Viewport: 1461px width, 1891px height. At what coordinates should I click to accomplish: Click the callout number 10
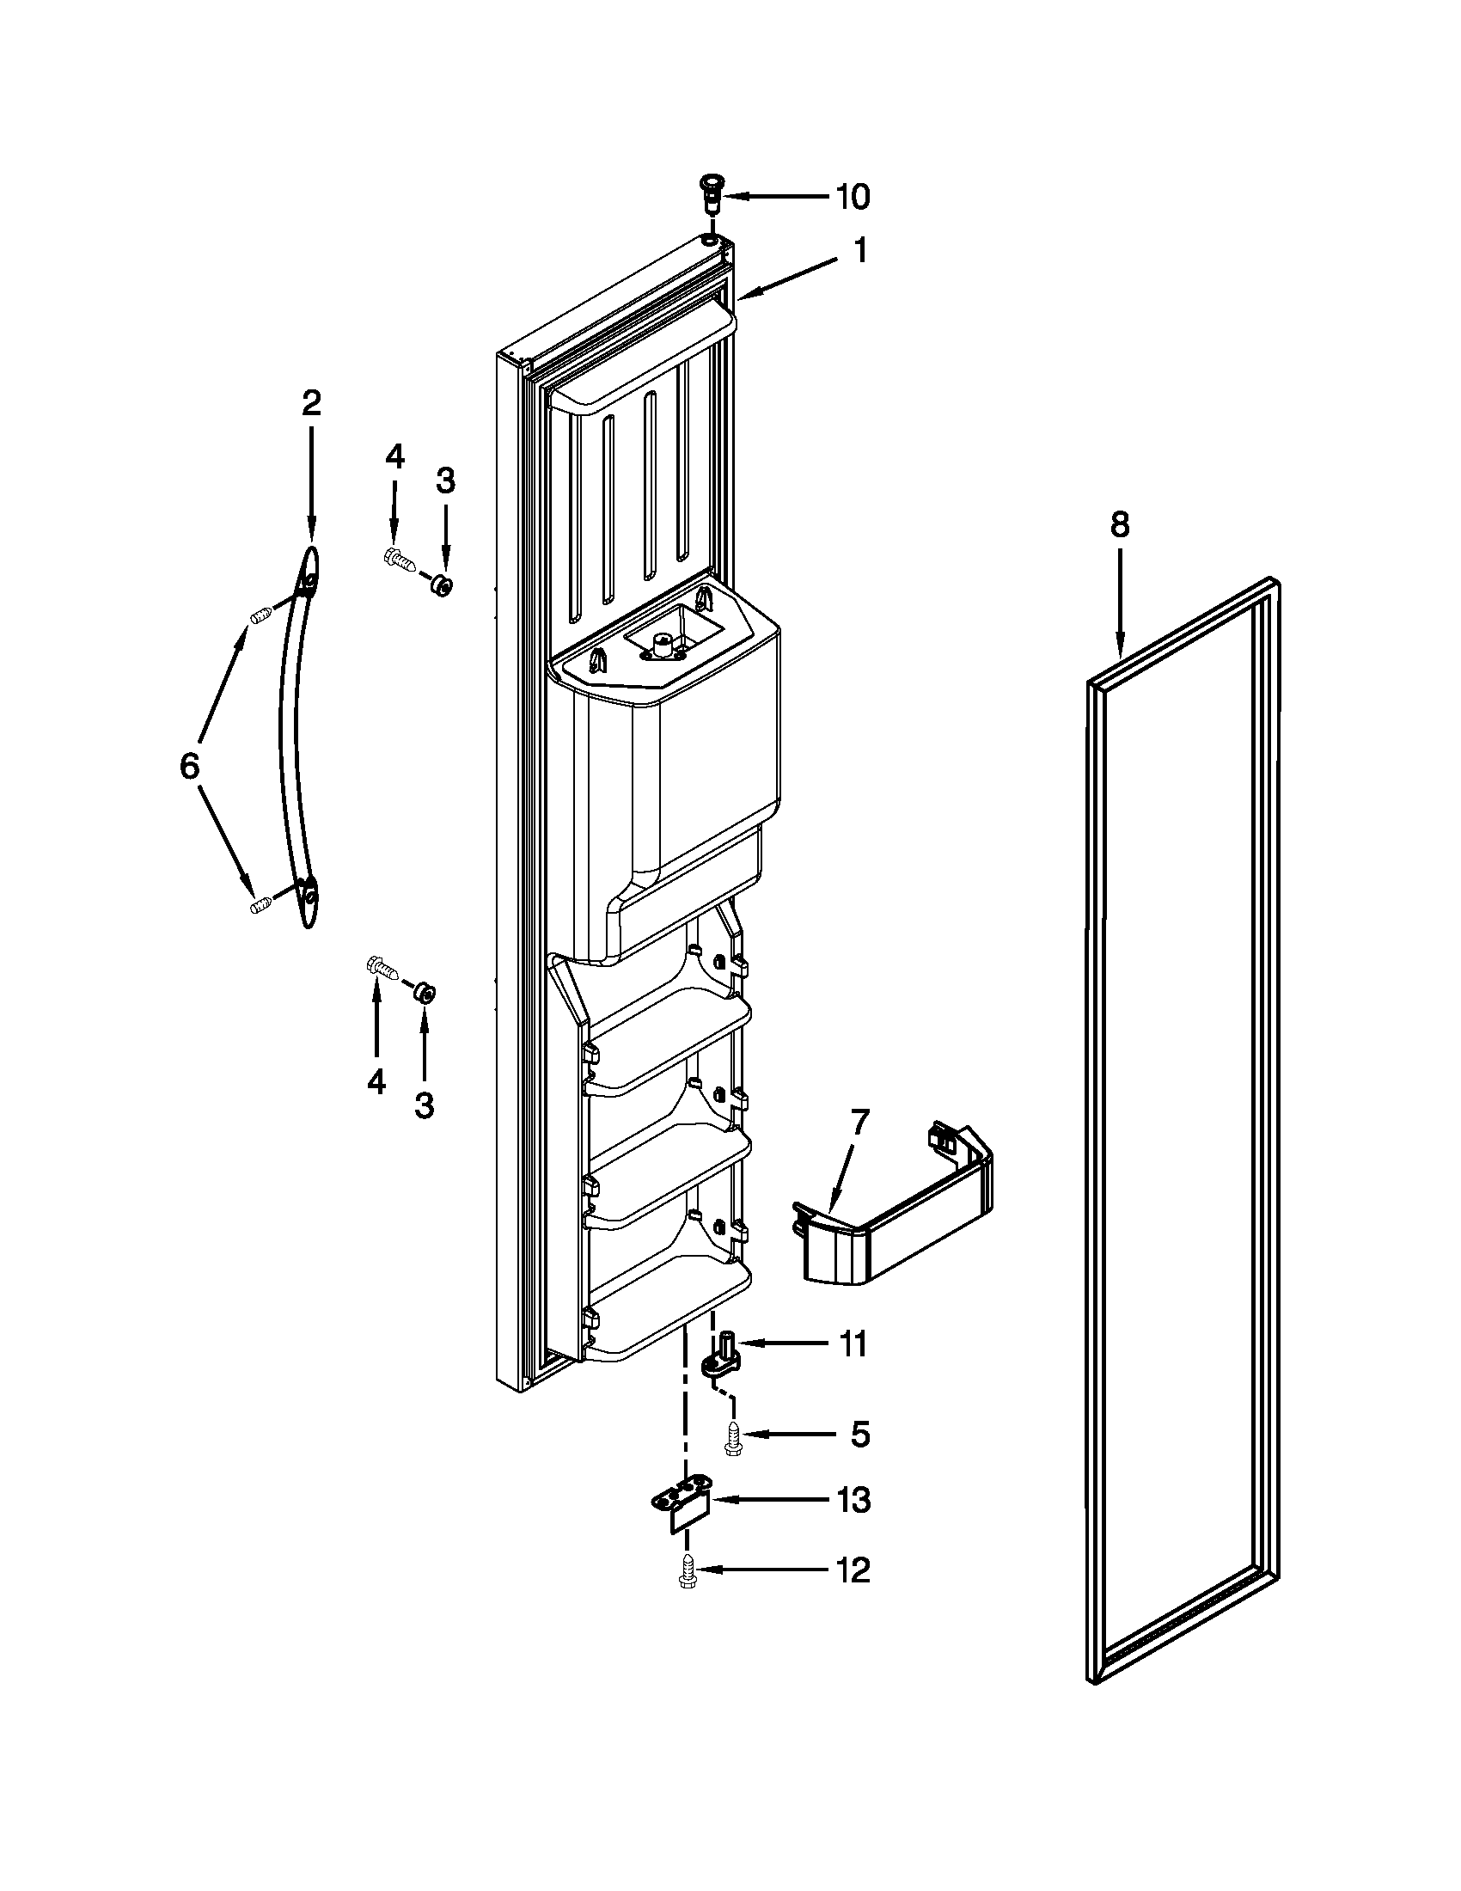(x=852, y=197)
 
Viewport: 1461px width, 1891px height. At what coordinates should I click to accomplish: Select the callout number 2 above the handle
(x=311, y=402)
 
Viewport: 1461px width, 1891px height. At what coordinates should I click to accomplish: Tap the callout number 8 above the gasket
(x=1119, y=524)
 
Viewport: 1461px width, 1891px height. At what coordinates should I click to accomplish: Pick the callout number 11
(x=853, y=1344)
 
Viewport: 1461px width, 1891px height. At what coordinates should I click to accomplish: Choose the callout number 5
(x=859, y=1434)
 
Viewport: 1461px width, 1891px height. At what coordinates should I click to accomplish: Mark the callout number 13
(x=853, y=1501)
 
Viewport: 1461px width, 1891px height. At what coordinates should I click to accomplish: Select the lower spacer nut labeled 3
(x=423, y=992)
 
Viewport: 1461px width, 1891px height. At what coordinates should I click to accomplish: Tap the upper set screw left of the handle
(x=262, y=616)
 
